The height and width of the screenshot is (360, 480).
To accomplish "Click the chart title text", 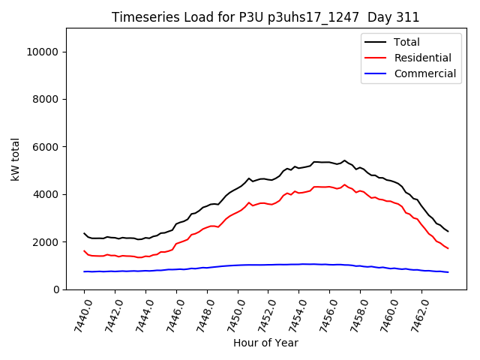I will [x=265, y=17].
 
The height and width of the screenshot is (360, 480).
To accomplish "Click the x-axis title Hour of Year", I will [x=265, y=343].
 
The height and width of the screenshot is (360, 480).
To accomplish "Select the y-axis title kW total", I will [x=15, y=159].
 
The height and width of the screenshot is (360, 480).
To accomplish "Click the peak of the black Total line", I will [x=345, y=160].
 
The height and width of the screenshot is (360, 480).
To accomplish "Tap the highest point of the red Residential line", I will [x=345, y=184].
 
